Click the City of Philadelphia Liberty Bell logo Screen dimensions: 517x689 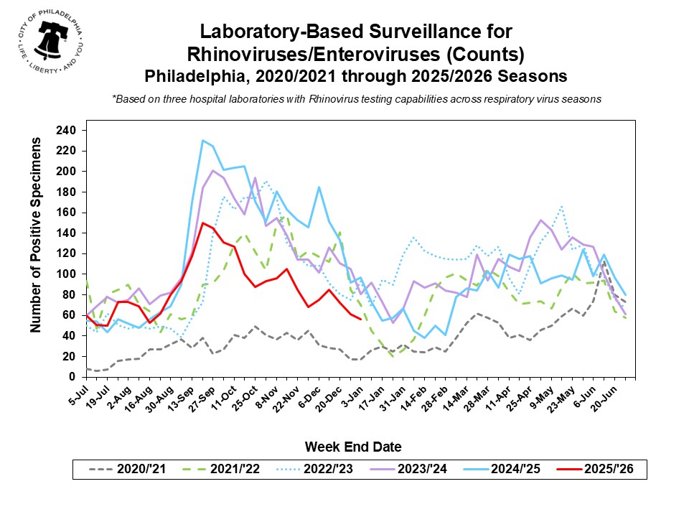click(48, 43)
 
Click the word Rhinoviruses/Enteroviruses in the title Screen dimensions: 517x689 click(355, 54)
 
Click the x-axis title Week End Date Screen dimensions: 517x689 click(353, 447)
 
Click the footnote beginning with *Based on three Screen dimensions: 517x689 click(356, 99)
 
